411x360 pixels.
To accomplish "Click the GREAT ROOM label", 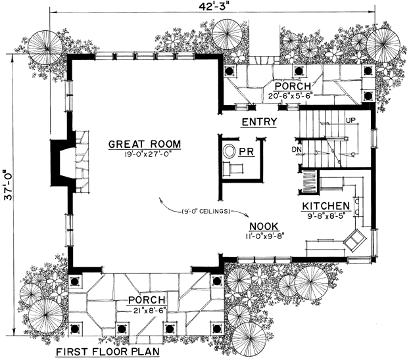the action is click(x=145, y=145).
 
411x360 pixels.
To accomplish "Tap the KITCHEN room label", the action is click(x=326, y=206).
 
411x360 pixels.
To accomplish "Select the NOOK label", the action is click(x=264, y=226).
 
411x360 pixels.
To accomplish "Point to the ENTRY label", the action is click(x=259, y=122).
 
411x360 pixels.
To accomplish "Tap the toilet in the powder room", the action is click(x=230, y=151).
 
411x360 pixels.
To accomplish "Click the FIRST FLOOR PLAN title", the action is click(x=108, y=351).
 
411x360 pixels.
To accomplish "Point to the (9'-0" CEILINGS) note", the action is click(x=205, y=212).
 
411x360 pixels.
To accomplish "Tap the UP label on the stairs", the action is click(x=351, y=120).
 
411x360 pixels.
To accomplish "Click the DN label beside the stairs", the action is click(x=297, y=150).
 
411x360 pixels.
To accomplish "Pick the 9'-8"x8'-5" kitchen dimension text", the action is click(x=326, y=216).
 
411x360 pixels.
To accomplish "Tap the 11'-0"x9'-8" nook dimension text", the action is click(x=265, y=236).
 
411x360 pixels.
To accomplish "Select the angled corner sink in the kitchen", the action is click(x=355, y=240).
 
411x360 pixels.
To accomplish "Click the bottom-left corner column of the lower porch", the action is click(x=75, y=328).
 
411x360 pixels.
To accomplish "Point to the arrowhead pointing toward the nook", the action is click(x=247, y=215).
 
